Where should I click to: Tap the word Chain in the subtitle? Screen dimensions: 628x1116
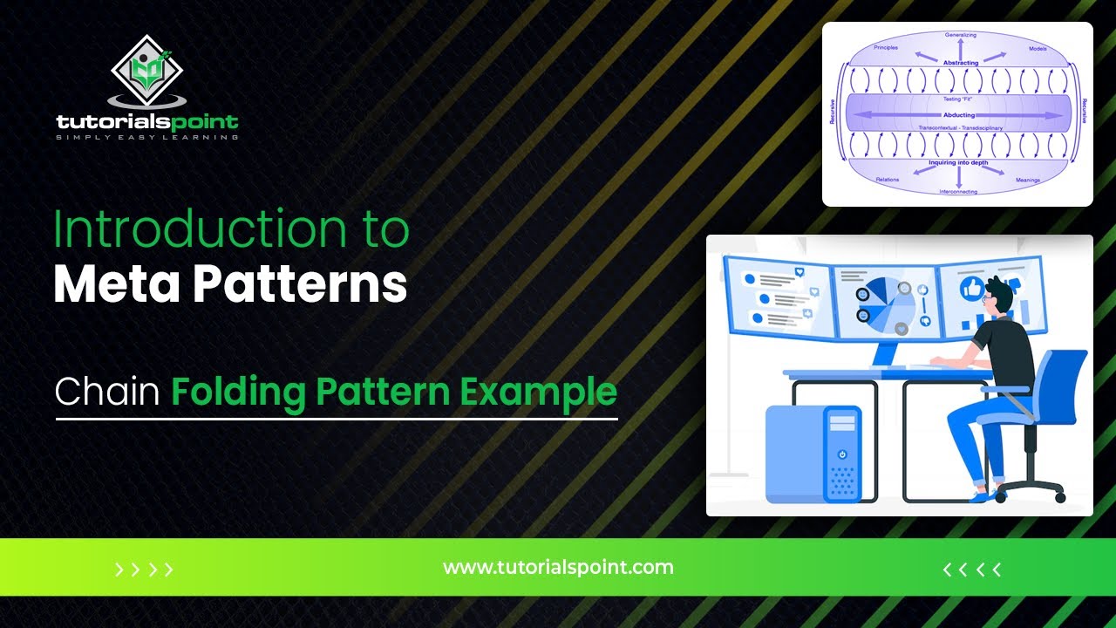pyautogui.click(x=106, y=392)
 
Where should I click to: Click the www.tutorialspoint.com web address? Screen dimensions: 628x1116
pyautogui.click(x=558, y=568)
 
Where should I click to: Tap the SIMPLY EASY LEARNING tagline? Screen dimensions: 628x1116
pyautogui.click(x=146, y=137)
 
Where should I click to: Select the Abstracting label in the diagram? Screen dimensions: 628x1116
pyautogui.click(x=960, y=63)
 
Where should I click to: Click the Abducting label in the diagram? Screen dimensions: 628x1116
pyautogui.click(x=959, y=115)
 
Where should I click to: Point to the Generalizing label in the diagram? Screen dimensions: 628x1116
pyautogui.click(x=960, y=36)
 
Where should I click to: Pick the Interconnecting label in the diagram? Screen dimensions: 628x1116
pyautogui.click(x=958, y=191)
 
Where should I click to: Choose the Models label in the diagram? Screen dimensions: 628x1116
pyautogui.click(x=1037, y=49)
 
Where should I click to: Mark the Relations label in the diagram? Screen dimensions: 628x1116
pyautogui.click(x=887, y=180)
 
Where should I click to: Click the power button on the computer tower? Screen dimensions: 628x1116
pyautogui.click(x=842, y=454)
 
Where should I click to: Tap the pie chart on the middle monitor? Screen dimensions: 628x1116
pyautogui.click(x=885, y=302)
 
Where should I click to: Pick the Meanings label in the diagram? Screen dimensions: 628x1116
pyautogui.click(x=1028, y=180)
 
